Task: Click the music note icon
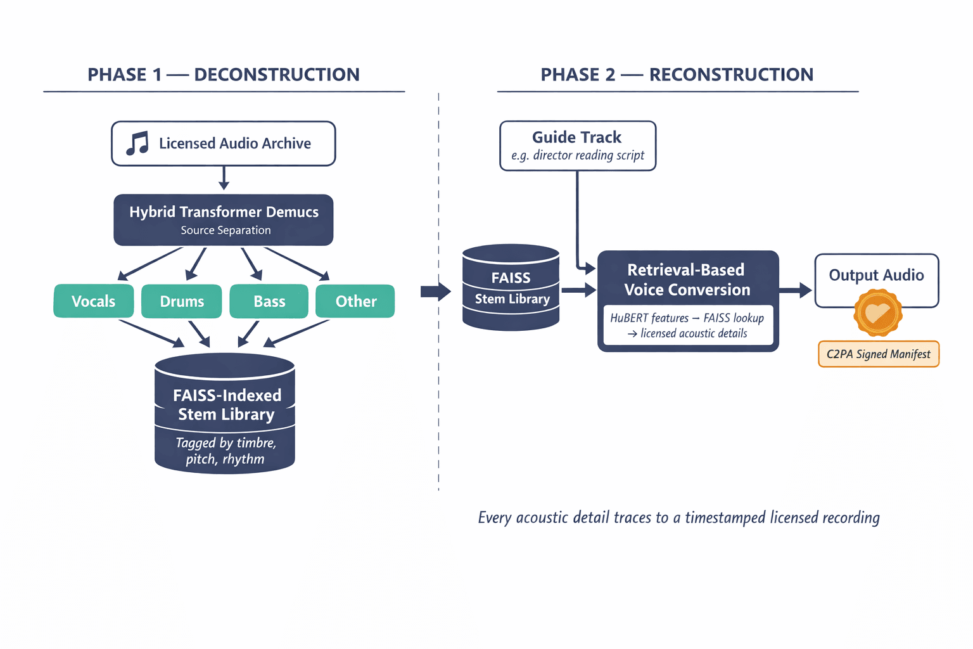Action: point(137,144)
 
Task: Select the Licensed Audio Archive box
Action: point(224,144)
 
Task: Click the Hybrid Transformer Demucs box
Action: point(224,220)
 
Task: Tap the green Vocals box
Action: point(94,301)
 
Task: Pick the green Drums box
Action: point(182,301)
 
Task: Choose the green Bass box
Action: point(269,301)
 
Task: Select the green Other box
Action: point(355,301)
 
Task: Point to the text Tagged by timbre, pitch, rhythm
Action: point(226,451)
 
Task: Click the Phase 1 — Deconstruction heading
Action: point(224,75)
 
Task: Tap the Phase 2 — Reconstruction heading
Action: point(677,75)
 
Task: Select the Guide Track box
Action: point(578,146)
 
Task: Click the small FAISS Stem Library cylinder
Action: point(511,288)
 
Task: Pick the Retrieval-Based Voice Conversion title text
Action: point(687,280)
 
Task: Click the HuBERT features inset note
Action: point(688,326)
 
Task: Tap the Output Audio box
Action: point(876,275)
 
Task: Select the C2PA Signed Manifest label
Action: point(879,354)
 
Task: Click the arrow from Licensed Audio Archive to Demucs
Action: point(224,178)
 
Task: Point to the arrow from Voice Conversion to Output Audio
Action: point(796,290)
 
